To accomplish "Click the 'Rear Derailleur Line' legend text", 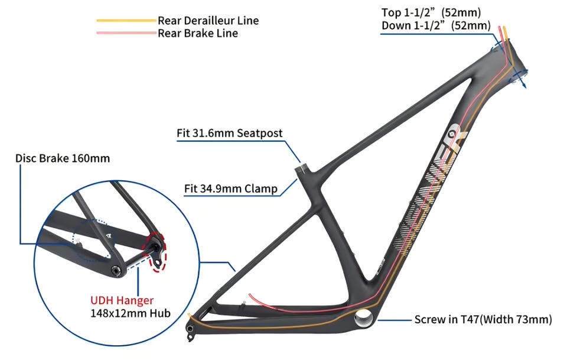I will point(208,21).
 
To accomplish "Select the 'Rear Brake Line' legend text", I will point(197,33).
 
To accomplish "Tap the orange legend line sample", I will point(126,21).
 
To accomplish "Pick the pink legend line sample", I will point(126,34).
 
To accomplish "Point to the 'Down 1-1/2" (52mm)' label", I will point(436,25).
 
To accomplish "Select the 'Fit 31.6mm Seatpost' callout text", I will point(230,133).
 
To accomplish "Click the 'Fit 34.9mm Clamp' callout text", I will point(231,189).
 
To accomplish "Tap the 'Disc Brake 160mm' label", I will point(63,158).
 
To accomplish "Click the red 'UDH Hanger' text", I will point(122,301).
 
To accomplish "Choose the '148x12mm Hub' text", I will point(130,313).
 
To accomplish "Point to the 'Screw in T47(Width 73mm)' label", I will point(483,320).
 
